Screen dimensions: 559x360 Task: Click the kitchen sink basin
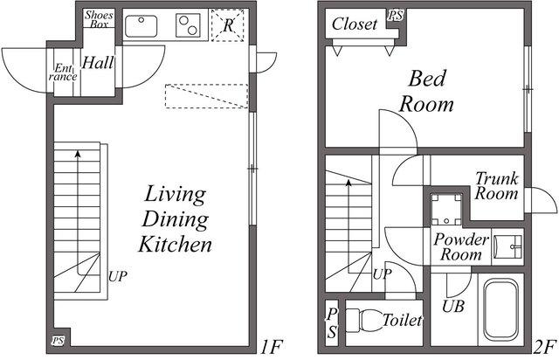(141, 25)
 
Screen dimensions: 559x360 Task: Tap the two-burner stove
(188, 25)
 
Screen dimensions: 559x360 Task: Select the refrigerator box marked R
(227, 25)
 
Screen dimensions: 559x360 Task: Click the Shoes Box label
(99, 19)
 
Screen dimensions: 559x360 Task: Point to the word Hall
(98, 63)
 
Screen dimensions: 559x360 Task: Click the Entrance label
(63, 72)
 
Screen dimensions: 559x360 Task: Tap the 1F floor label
(271, 347)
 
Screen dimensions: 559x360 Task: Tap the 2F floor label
(545, 347)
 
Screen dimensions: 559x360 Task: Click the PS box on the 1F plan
(59, 341)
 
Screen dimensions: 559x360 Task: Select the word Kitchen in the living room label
(175, 245)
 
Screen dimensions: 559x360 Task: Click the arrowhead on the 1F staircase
(78, 154)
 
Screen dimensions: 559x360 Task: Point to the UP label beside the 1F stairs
(117, 276)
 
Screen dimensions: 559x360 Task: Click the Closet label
(354, 24)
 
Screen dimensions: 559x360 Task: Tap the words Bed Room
(426, 92)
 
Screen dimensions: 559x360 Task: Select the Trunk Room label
(497, 186)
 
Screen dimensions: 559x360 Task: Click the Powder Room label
(460, 247)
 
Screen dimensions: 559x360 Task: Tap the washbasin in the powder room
(507, 246)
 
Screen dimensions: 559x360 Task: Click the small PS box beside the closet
(396, 16)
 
